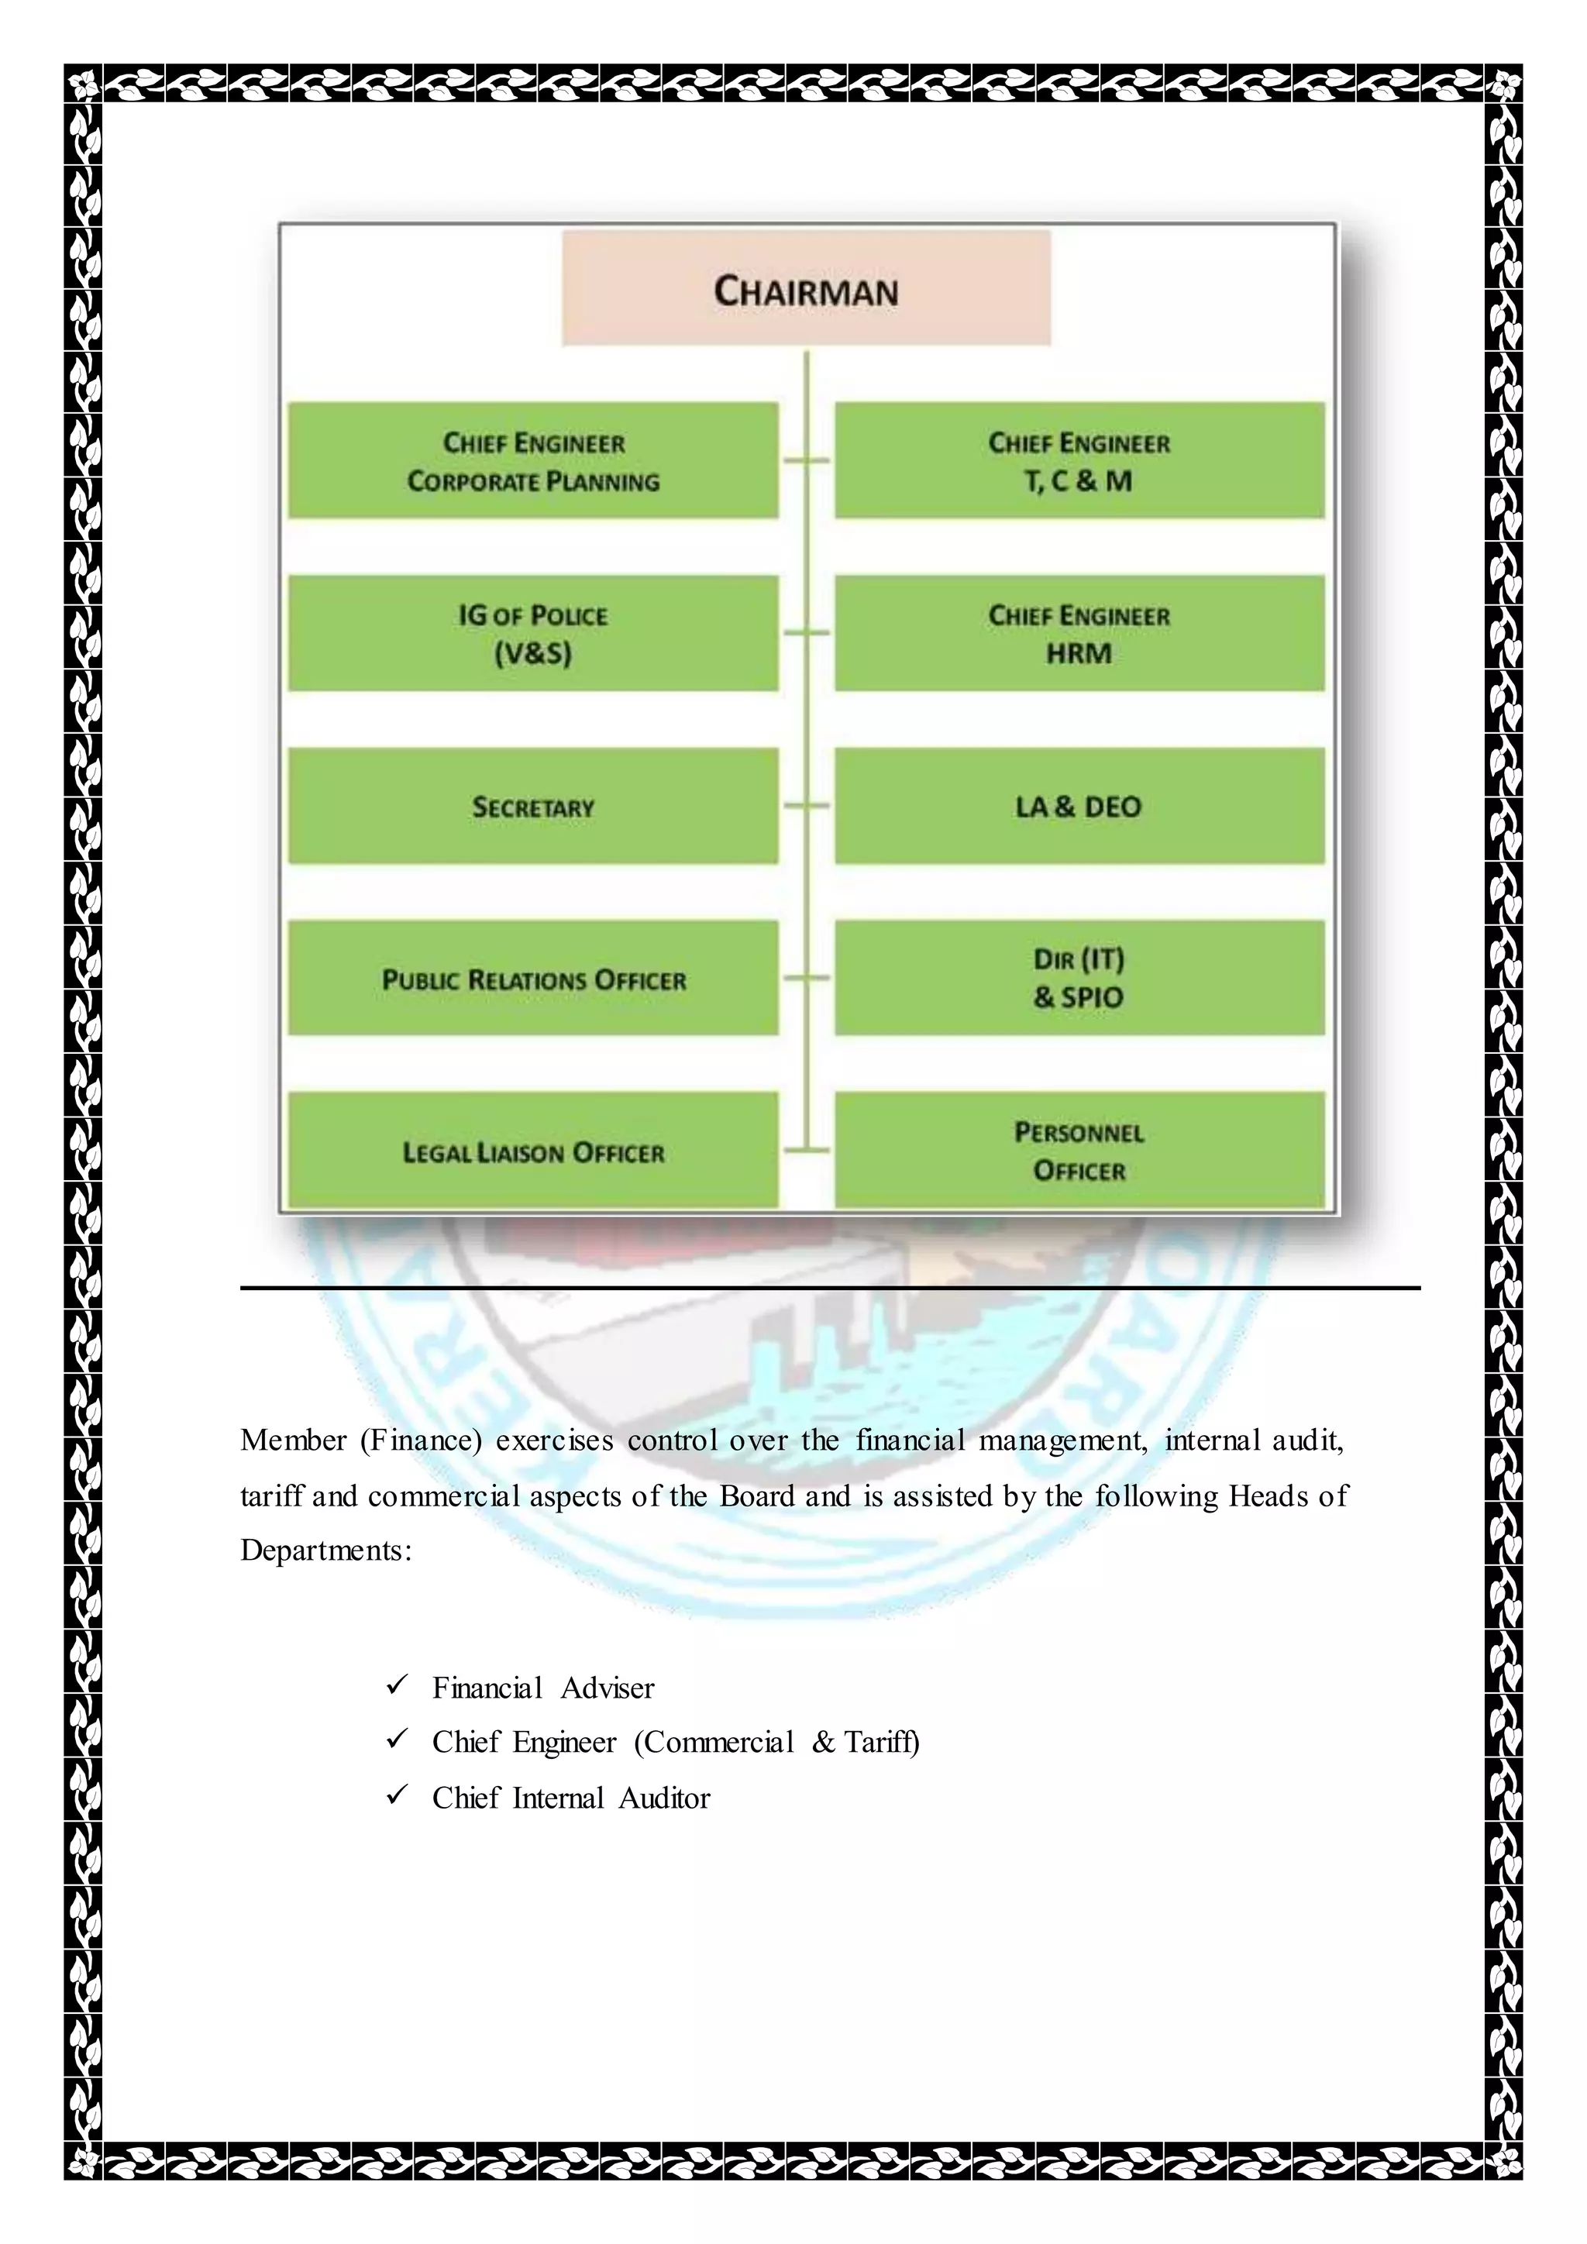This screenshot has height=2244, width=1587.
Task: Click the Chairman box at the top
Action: pyautogui.click(x=806, y=289)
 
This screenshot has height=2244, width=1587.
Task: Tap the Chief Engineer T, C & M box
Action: pyautogui.click(x=1079, y=460)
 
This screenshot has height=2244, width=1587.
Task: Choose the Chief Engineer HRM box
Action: pyautogui.click(x=1079, y=633)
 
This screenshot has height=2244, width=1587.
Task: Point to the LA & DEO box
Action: pyautogui.click(x=1079, y=807)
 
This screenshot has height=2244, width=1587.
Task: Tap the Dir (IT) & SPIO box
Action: pyautogui.click(x=1079, y=979)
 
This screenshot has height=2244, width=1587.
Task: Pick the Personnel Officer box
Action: pyautogui.click(x=1079, y=1151)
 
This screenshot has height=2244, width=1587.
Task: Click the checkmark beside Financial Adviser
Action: pyautogui.click(x=397, y=1685)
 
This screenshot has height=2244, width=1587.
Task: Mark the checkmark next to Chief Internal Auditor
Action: pyautogui.click(x=397, y=1795)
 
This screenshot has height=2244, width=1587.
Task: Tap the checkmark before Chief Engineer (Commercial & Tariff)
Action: pyautogui.click(x=397, y=1740)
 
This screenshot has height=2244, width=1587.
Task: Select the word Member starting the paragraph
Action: pyautogui.click(x=293, y=1440)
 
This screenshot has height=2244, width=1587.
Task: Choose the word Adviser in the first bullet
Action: pyautogui.click(x=607, y=1688)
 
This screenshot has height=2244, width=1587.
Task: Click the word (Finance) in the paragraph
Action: pyautogui.click(x=422, y=1440)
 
